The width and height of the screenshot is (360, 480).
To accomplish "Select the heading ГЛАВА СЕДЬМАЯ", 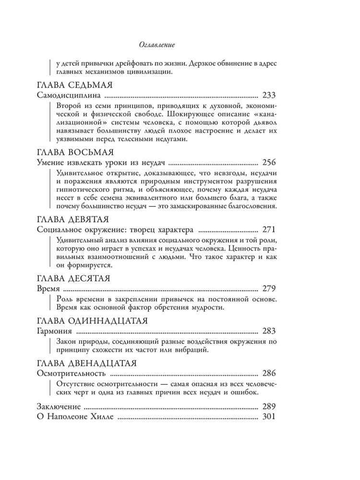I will pyautogui.click(x=74, y=85).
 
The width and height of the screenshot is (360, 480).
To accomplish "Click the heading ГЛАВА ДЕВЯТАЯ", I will pyautogui.click(x=74, y=219).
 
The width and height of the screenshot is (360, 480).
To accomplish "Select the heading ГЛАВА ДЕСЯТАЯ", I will pyautogui.click(x=74, y=278).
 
